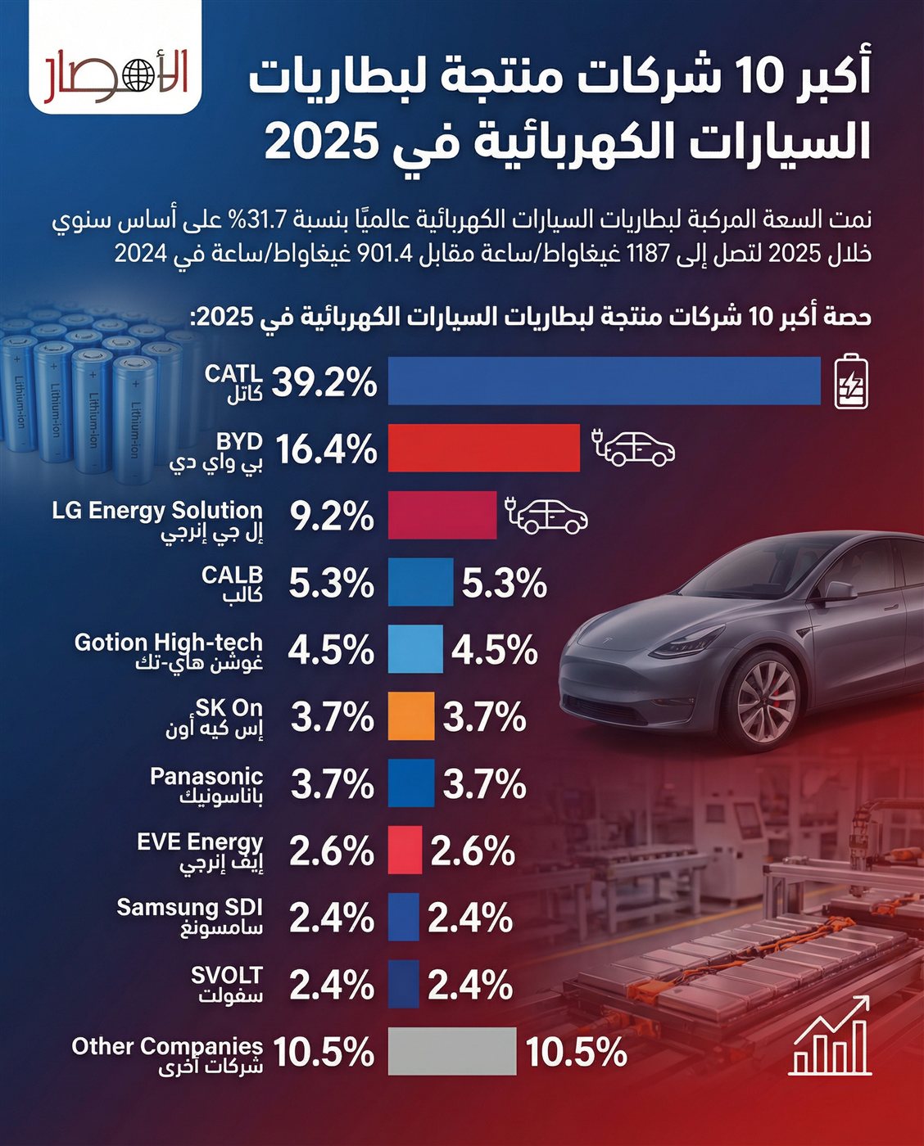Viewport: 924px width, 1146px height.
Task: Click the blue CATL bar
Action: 604,381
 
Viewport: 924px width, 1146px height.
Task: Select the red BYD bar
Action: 483,449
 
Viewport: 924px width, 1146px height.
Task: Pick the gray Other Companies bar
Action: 452,1051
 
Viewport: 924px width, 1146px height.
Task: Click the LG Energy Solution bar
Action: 442,516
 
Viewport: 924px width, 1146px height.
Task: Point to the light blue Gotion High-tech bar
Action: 415,649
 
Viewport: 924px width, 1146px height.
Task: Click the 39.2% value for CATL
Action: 324,381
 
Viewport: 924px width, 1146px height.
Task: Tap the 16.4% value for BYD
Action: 326,449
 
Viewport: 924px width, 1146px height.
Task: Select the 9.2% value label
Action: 332,517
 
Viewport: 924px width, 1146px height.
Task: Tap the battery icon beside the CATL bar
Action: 851,381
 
